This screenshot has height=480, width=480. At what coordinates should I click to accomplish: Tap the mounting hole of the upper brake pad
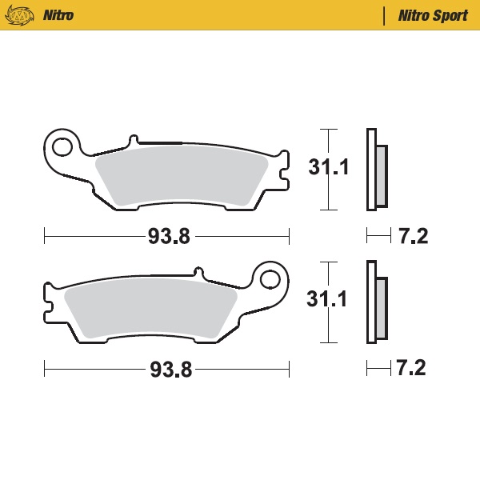pyautogui.click(x=61, y=146)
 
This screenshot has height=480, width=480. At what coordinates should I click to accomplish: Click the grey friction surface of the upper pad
pyautogui.click(x=180, y=175)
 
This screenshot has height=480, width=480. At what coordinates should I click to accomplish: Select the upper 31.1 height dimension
pyautogui.click(x=328, y=168)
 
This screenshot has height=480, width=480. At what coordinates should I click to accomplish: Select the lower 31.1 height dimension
pyautogui.click(x=328, y=300)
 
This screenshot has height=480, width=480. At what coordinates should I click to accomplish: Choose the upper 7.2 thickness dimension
pyautogui.click(x=413, y=236)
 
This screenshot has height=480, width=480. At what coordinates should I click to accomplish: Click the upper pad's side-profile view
pyautogui.click(x=375, y=170)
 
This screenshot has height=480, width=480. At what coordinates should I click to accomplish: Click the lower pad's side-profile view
pyautogui.click(x=375, y=302)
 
